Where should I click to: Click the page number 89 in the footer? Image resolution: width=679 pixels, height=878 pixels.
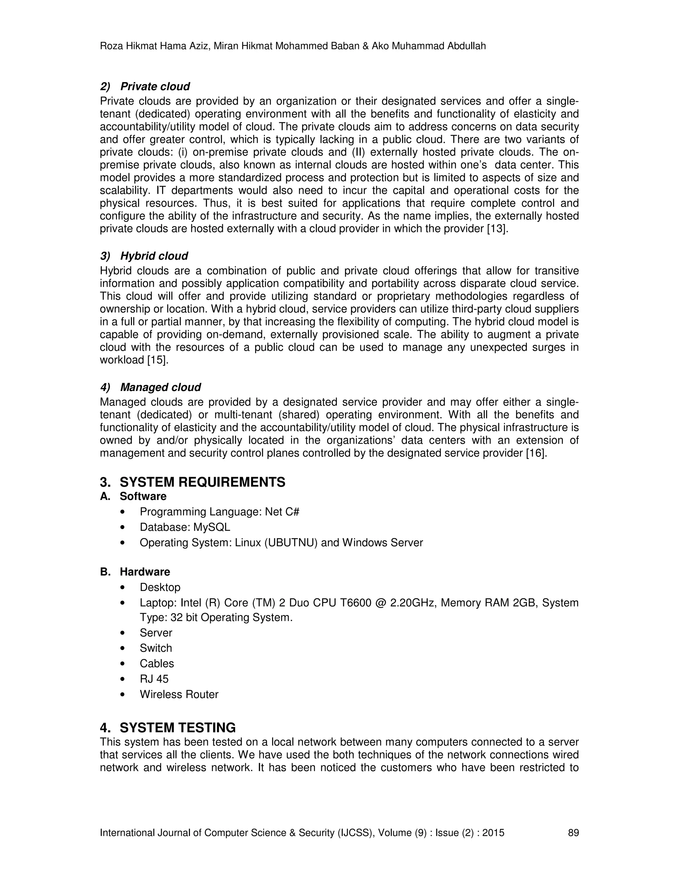coord(573,833)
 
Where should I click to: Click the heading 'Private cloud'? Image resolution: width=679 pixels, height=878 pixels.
coord(155,86)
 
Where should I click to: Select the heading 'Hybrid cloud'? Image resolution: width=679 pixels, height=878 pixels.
coord(154,256)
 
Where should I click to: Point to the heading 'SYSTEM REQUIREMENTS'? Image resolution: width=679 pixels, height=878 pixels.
coord(202,482)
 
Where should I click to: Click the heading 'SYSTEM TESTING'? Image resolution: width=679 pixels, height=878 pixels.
coord(177,728)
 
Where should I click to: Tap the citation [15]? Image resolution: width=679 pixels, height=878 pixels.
coord(157,360)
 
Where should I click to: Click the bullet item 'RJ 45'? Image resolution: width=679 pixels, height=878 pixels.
coord(154,679)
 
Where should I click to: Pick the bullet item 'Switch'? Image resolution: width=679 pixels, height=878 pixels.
coord(156,648)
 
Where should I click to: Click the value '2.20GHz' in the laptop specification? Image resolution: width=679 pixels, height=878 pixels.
coord(413,603)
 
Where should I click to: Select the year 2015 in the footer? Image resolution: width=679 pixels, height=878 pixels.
coord(493,833)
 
